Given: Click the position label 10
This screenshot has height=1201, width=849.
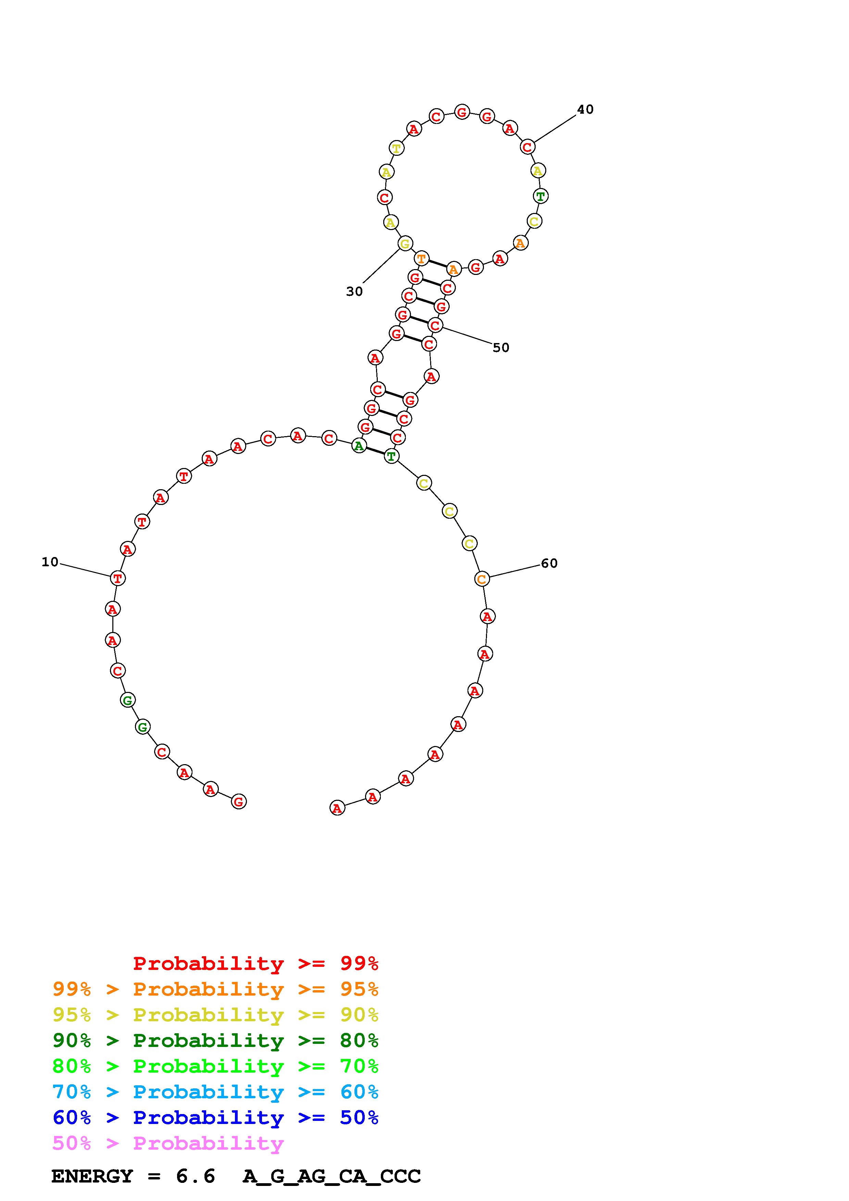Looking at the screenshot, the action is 50,562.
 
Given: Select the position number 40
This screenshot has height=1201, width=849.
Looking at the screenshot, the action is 585,109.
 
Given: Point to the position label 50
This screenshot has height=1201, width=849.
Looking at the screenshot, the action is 501,347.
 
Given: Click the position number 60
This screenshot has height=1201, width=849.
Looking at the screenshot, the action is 549,564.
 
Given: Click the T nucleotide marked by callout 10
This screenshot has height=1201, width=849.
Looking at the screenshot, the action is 118,579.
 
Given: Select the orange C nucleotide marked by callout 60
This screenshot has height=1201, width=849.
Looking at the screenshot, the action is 482,579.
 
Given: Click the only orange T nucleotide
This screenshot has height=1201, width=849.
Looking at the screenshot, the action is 422,259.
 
